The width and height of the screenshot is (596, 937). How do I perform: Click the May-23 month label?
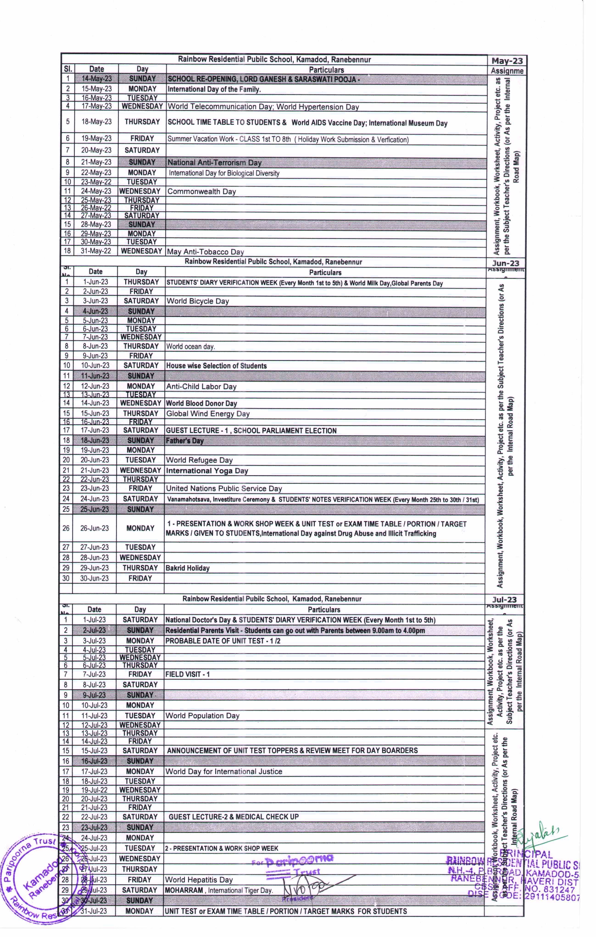click(x=507, y=61)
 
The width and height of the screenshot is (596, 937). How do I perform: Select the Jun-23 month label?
click(x=506, y=263)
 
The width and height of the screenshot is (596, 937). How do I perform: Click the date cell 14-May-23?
click(x=96, y=79)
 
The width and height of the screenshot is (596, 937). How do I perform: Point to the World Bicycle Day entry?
click(x=197, y=301)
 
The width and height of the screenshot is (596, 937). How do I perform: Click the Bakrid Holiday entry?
click(x=188, y=568)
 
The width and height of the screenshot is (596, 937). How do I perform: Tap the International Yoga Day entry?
click(x=207, y=471)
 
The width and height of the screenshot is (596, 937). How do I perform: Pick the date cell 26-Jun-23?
click(x=95, y=528)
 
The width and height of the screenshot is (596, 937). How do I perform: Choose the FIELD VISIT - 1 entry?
click(x=188, y=674)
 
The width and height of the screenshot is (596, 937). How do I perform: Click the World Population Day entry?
click(x=202, y=715)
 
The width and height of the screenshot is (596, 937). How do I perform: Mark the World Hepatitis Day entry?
click(x=199, y=880)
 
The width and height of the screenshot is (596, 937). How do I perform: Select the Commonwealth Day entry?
click(x=201, y=192)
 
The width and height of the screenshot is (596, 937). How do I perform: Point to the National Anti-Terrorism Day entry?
click(x=214, y=162)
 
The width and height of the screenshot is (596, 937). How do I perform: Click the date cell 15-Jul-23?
click(x=94, y=750)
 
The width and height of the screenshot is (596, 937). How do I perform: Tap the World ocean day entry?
click(x=190, y=347)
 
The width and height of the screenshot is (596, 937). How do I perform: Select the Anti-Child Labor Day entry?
click(x=201, y=387)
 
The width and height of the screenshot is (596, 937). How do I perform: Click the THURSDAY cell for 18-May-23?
click(x=142, y=122)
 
